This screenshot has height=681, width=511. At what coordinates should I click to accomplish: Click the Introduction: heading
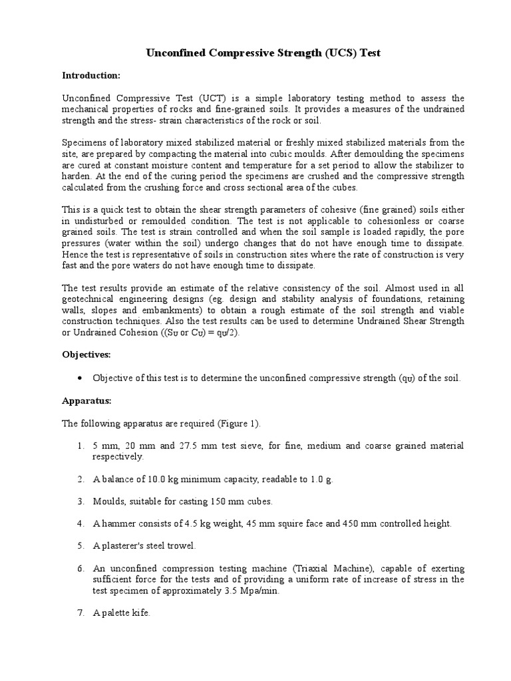click(x=90, y=75)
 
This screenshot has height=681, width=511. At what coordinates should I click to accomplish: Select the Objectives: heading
click(x=86, y=355)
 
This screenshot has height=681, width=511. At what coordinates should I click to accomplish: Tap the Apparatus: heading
click(x=86, y=402)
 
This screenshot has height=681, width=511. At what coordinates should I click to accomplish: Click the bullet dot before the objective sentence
click(x=80, y=378)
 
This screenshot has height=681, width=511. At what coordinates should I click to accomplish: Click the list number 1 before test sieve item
click(x=79, y=445)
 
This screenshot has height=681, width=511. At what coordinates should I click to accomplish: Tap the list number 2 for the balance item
click(x=79, y=479)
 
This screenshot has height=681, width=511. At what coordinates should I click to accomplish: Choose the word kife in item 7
click(x=141, y=613)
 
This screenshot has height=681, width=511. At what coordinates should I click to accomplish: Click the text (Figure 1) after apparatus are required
click(x=239, y=424)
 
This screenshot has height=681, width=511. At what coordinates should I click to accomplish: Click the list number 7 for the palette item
click(x=79, y=613)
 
